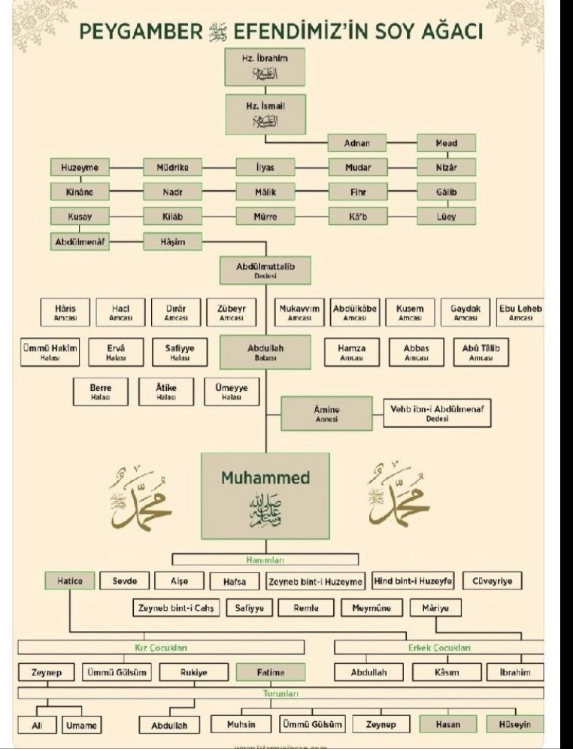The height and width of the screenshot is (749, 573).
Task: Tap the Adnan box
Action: pyautogui.click(x=358, y=143)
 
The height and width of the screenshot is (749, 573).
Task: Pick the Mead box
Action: pyautogui.click(x=446, y=143)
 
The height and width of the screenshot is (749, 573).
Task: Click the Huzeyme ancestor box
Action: pyautogui.click(x=80, y=167)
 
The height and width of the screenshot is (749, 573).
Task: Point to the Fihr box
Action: pyautogui.click(x=358, y=192)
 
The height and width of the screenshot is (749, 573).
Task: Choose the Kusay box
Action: pyautogui.click(x=80, y=217)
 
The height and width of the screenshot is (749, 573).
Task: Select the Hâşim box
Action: pyautogui.click(x=173, y=241)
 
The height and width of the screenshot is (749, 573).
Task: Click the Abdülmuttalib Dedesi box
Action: pyautogui.click(x=265, y=270)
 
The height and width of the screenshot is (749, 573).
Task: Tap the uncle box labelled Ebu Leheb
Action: pyautogui.click(x=520, y=313)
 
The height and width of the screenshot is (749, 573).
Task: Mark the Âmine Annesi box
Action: pyautogui.click(x=326, y=414)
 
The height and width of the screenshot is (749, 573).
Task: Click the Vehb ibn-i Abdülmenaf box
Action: pyautogui.click(x=437, y=413)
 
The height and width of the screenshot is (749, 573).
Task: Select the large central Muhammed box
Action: pyautogui.click(x=265, y=495)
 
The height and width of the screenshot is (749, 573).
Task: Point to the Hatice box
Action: pyautogui.click(x=69, y=581)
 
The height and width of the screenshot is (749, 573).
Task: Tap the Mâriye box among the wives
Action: pyautogui.click(x=436, y=608)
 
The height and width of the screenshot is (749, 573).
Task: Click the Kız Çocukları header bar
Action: pyautogui.click(x=161, y=647)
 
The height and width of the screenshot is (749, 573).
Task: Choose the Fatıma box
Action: pyautogui.click(x=271, y=672)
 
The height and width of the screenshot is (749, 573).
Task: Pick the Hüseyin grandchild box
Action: pyautogui.click(x=514, y=723)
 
